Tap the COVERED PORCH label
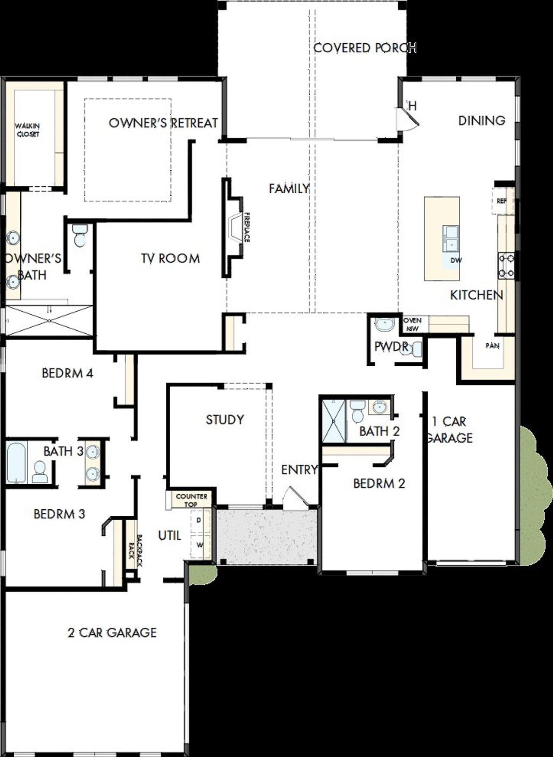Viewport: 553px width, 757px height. click(x=364, y=48)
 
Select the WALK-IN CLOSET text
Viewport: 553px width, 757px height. click(x=28, y=130)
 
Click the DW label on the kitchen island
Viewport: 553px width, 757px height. click(x=456, y=260)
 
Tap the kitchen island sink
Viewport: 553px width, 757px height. click(x=451, y=238)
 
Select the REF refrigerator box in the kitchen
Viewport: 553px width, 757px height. click(x=502, y=201)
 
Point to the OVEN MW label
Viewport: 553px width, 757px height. click(x=413, y=324)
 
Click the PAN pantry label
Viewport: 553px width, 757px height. click(x=492, y=346)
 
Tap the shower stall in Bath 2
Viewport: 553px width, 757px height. click(x=334, y=421)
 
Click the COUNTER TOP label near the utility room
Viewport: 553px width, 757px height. click(x=191, y=500)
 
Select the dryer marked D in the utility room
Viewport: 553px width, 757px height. click(x=199, y=521)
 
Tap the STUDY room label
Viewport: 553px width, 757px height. click(x=225, y=419)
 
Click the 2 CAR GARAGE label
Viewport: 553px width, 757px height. click(x=112, y=632)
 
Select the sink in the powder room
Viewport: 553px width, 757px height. click(x=383, y=324)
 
